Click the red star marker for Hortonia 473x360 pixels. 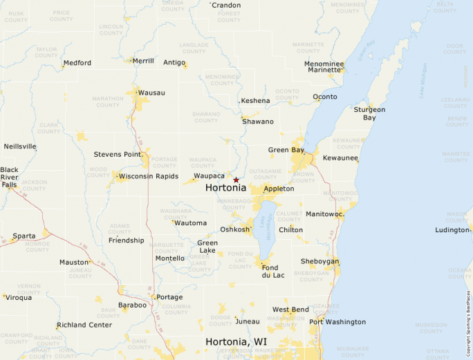[x=236, y=180]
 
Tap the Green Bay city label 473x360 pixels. [x=286, y=150]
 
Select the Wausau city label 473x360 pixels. [x=151, y=93]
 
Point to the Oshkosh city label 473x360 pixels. [x=234, y=229]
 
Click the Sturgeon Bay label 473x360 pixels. [x=369, y=113]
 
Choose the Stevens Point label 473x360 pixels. [x=118, y=154]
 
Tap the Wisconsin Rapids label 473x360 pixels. [x=149, y=176]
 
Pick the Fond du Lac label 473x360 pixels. [x=270, y=272]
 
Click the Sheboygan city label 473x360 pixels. [x=319, y=261]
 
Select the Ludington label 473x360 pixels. [x=453, y=230]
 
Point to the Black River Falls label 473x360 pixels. [x=10, y=177]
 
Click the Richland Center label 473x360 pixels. [x=84, y=325]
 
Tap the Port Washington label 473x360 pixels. [x=337, y=322]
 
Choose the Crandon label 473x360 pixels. [x=226, y=6]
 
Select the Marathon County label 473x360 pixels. [x=107, y=102]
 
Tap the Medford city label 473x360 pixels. [x=77, y=63]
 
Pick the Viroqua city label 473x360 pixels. [x=19, y=298]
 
